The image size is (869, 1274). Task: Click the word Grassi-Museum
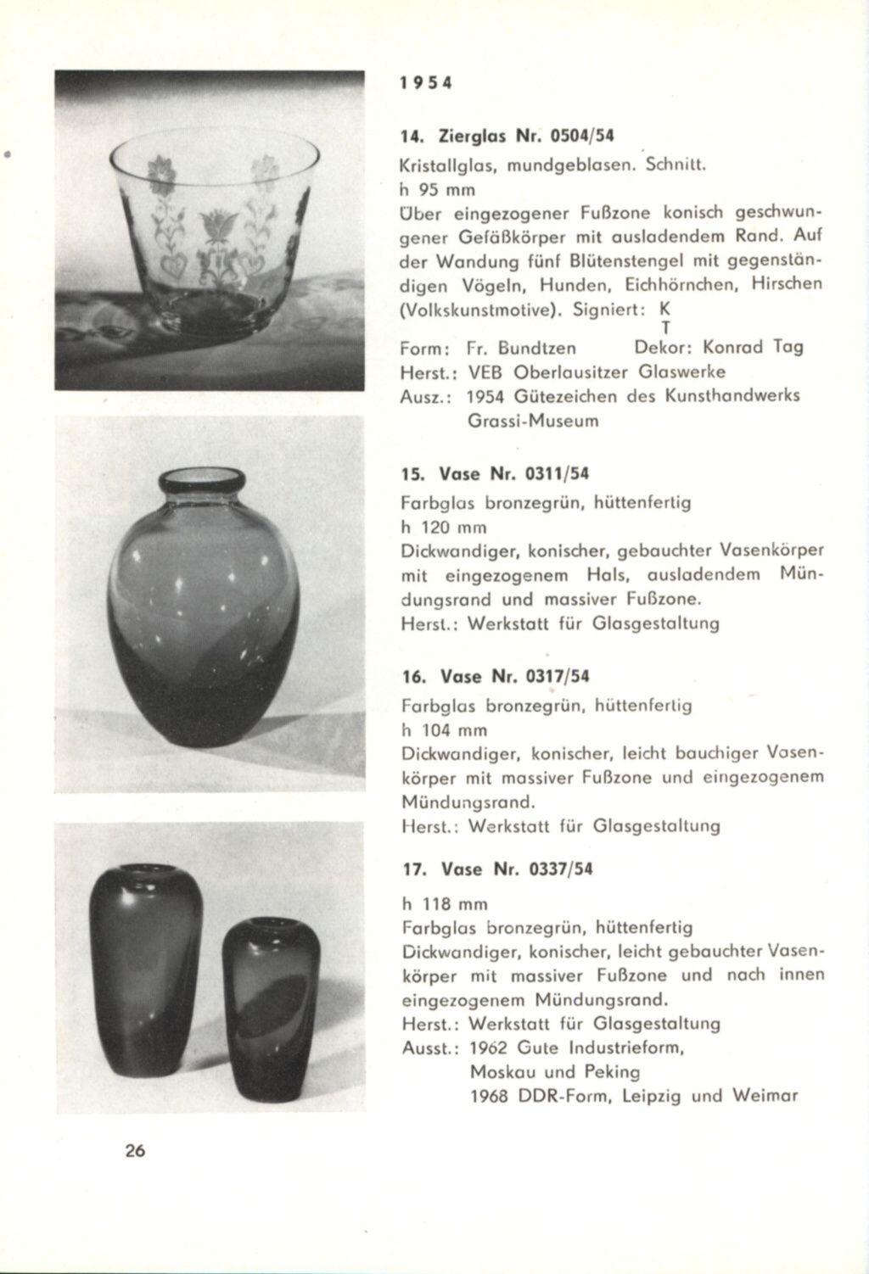point(533,421)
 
